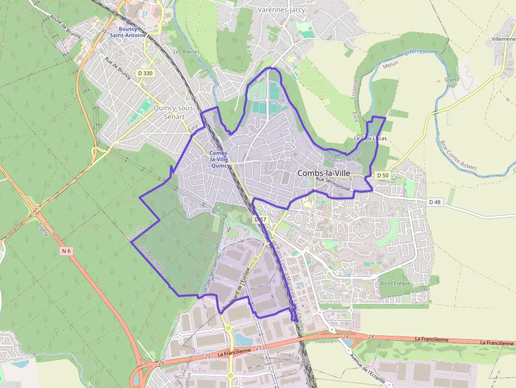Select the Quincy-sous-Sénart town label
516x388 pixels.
pos(174,112)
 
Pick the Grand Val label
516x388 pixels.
pos(452,83)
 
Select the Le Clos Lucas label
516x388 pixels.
pos(370,138)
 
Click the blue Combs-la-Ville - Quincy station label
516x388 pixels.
pos(219,159)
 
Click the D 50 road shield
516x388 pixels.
pos(382,175)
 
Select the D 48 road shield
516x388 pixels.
pos(434,202)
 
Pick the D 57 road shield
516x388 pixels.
pos(260,219)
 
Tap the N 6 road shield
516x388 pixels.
pos(66,251)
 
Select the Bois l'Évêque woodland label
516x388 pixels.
pos(395,283)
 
